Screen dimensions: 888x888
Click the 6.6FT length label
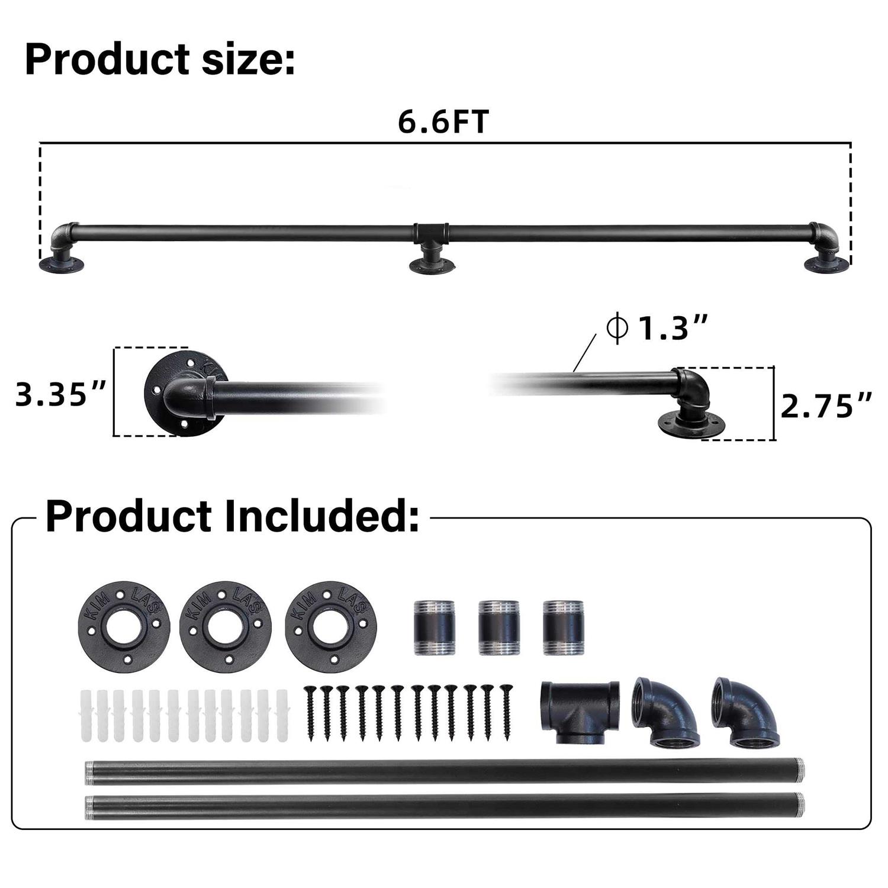pyautogui.click(x=443, y=122)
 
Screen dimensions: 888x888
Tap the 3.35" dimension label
pyautogui.click(x=60, y=394)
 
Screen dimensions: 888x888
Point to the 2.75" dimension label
pyautogui.click(x=826, y=406)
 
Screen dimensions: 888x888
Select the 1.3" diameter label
pyautogui.click(x=657, y=327)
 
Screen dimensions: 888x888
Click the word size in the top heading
pyautogui.click(x=248, y=60)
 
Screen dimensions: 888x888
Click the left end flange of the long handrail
pyautogui.click(x=62, y=265)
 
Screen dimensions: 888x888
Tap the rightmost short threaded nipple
pyautogui.click(x=562, y=627)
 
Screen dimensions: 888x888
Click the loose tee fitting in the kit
pyautogui.click(x=580, y=711)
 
